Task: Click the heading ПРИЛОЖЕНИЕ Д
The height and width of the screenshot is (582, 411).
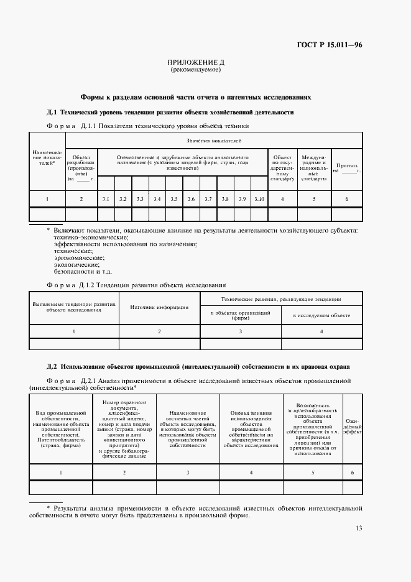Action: click(x=196, y=63)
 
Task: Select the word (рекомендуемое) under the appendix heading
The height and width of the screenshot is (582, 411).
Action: click(x=196, y=70)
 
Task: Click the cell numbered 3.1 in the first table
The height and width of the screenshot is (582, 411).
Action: click(x=106, y=198)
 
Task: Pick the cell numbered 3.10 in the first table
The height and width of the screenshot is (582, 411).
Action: click(x=259, y=198)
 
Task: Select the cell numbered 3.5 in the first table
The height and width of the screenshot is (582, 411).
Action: click(x=174, y=198)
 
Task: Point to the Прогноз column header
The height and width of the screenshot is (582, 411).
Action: click(x=346, y=167)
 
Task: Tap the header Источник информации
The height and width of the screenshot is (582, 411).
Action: click(x=159, y=307)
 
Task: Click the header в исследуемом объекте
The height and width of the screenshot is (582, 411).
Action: click(x=321, y=316)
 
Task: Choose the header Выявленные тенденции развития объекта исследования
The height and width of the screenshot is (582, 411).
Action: click(x=74, y=307)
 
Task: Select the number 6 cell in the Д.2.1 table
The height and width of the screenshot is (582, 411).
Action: click(x=352, y=473)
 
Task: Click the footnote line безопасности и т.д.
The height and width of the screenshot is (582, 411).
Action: click(x=83, y=271)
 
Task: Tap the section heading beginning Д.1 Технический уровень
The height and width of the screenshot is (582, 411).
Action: click(x=170, y=113)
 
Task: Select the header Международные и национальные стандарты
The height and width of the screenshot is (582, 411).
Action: click(x=314, y=168)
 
